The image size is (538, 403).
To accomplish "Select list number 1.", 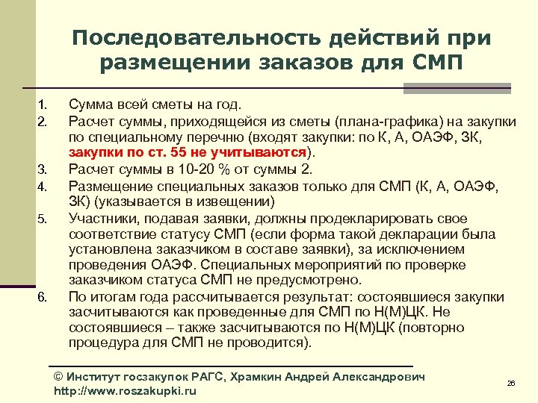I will (43, 104).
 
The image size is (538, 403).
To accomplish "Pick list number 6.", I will (43, 298).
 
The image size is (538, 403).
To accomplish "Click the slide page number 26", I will (511, 383).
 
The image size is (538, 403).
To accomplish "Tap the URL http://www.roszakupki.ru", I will (126, 391).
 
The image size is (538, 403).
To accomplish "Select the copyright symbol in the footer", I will (60, 377).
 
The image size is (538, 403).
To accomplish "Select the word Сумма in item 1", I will (88, 104).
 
